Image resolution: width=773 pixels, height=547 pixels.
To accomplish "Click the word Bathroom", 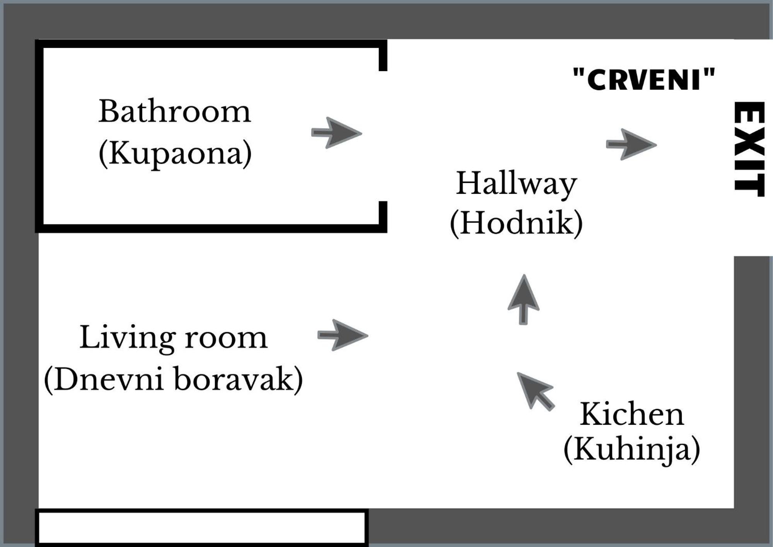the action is click(174, 111).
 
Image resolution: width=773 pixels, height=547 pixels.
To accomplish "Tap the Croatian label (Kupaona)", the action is click(175, 154).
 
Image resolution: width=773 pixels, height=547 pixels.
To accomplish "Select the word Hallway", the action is click(517, 184).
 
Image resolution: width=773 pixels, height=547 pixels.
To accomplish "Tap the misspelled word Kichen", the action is click(632, 414).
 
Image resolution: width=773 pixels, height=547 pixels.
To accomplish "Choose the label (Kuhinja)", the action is click(632, 450).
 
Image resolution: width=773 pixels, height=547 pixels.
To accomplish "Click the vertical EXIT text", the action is click(749, 149).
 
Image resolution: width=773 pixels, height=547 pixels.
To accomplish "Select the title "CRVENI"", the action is click(644, 79).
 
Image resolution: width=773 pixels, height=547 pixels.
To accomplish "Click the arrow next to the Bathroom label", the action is click(336, 133).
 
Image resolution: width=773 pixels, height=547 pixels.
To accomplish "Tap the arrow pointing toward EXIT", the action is click(631, 144).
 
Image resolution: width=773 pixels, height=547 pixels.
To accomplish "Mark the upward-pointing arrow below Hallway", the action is click(524, 299).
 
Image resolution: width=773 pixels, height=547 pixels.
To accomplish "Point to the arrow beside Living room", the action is click(343, 335).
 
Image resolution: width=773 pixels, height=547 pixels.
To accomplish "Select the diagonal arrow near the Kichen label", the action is click(536, 391).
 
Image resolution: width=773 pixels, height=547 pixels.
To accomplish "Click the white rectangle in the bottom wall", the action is click(201, 528).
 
